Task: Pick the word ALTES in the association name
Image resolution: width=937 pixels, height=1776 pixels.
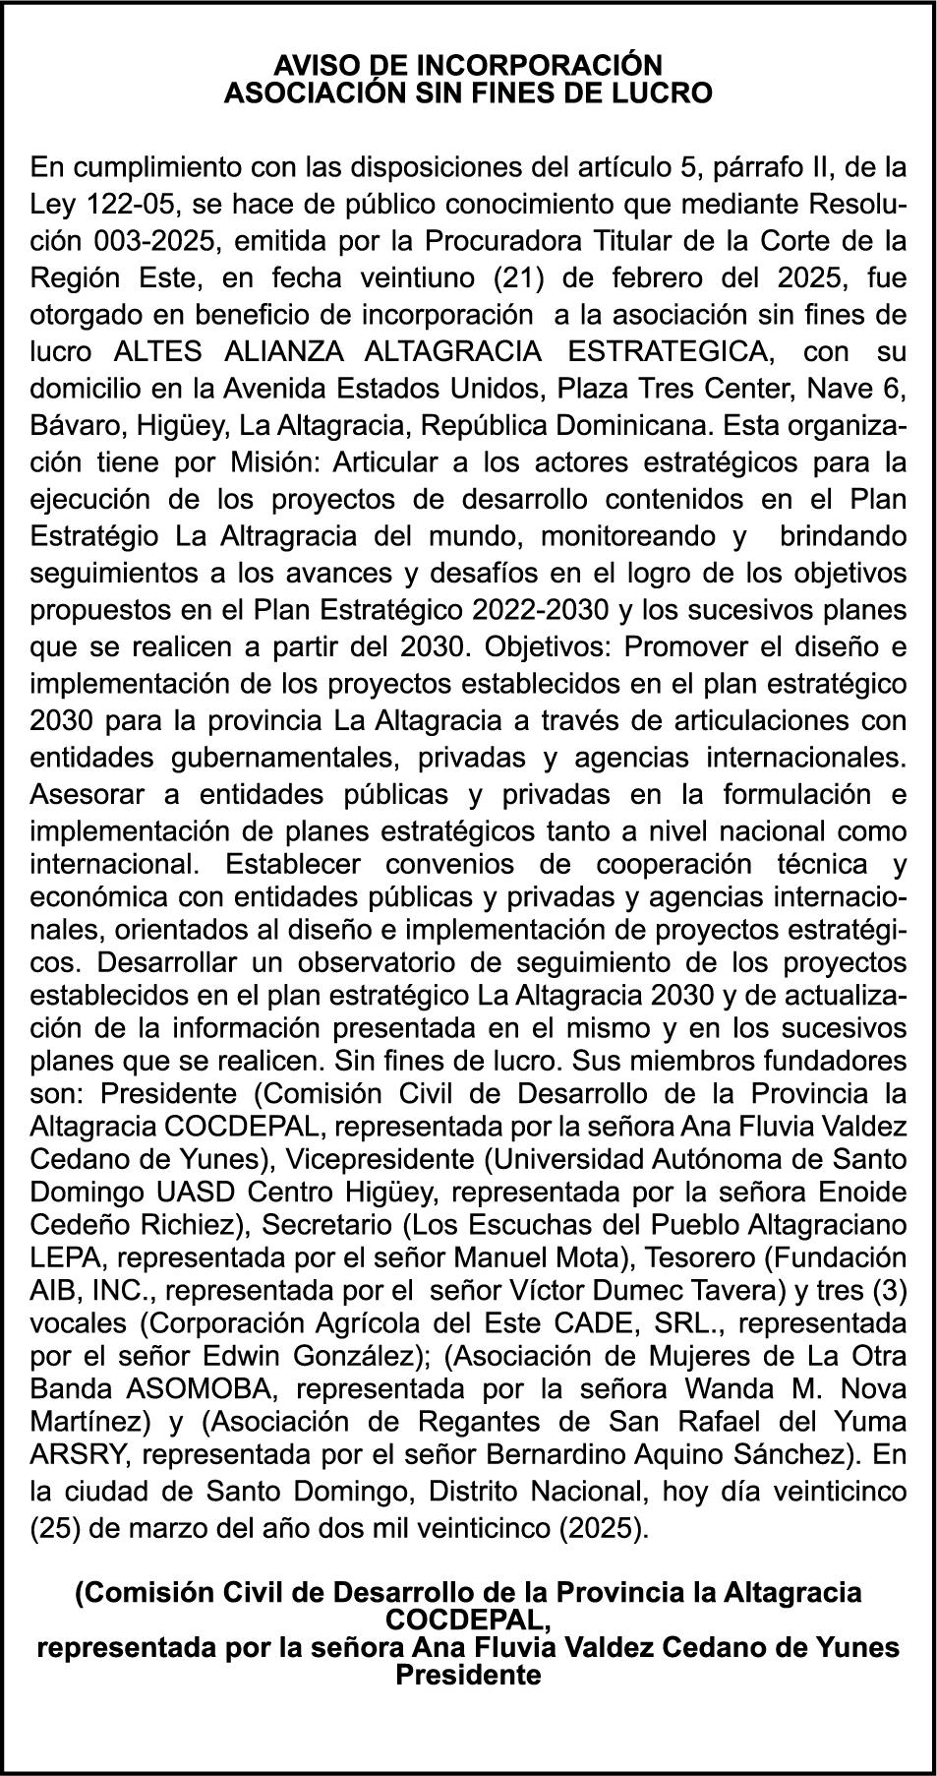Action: pos(157,351)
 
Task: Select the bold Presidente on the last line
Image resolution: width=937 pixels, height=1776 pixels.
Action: pos(468,1676)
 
